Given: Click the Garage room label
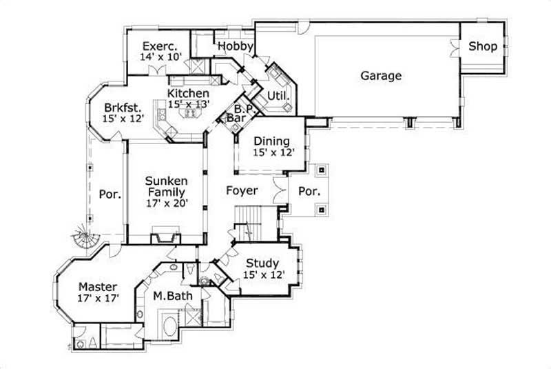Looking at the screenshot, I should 381,76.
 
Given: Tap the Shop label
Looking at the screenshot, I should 483,47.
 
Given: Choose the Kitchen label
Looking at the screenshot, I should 188,93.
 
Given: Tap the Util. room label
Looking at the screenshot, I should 277,94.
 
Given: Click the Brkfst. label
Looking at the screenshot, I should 123,108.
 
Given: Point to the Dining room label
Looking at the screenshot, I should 271,141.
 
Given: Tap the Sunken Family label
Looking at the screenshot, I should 165,186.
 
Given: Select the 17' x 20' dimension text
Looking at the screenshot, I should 166,203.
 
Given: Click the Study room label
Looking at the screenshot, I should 262,263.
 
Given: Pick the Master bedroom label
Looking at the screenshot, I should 97,287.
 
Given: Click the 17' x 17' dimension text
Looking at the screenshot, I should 98,299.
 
